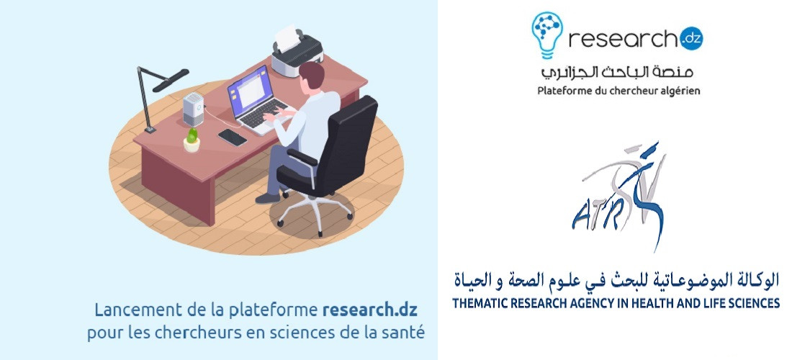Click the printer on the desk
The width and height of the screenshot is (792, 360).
[297, 50]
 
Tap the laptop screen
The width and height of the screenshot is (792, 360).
[251, 91]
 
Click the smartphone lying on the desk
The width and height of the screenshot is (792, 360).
[233, 137]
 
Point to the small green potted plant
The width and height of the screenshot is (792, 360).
[192, 140]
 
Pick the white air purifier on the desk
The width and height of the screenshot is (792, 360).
[193, 109]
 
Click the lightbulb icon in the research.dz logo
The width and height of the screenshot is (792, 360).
[547, 35]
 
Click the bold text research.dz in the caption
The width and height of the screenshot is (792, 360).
[370, 310]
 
